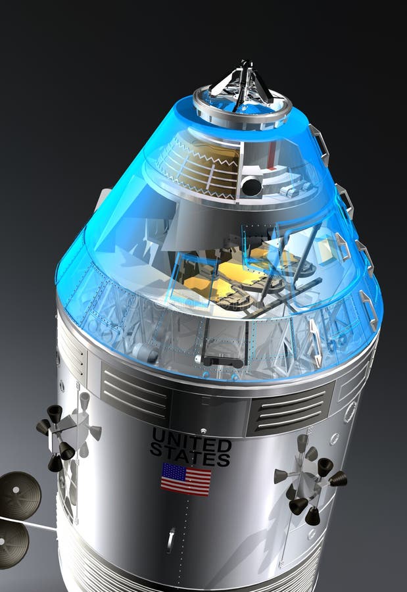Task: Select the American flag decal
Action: point(186,479)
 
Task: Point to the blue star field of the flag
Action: point(172,471)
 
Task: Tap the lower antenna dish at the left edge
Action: point(11,543)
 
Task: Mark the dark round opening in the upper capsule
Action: point(251,187)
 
